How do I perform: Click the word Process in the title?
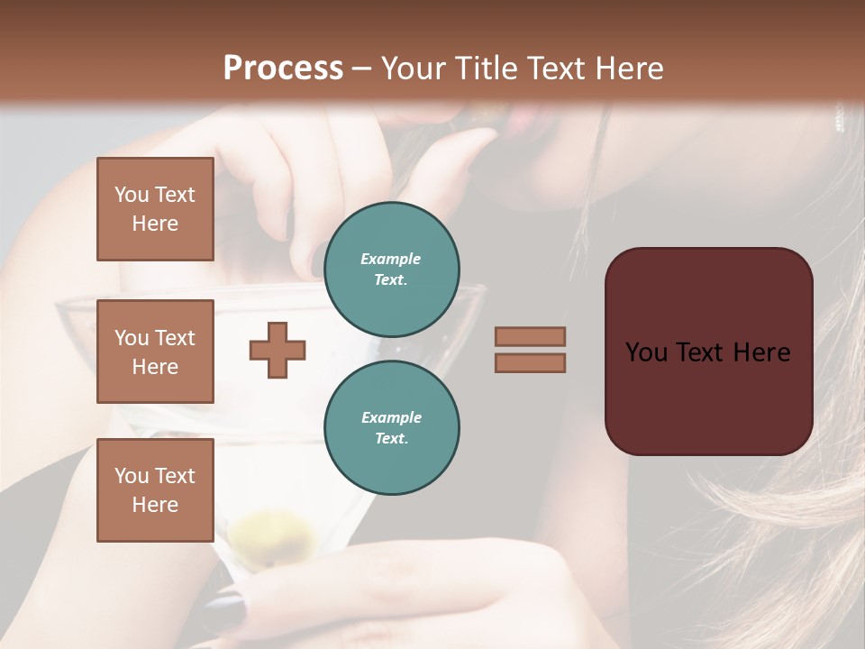click(x=283, y=68)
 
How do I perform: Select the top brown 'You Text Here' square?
click(x=155, y=209)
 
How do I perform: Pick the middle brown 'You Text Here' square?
click(x=155, y=352)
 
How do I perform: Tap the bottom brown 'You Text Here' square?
click(x=155, y=490)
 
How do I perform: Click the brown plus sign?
click(x=278, y=350)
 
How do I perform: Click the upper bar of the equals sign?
click(x=530, y=336)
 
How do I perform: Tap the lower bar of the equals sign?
click(x=530, y=362)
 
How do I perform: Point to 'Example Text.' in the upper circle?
click(x=391, y=269)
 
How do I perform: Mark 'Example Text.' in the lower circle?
click(x=391, y=427)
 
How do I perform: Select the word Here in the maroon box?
click(x=761, y=352)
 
